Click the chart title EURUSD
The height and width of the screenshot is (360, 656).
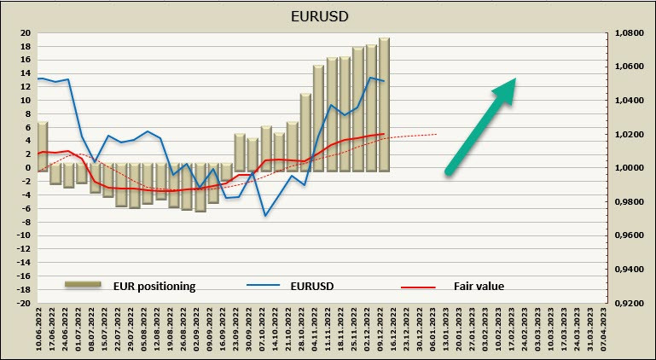(328, 15)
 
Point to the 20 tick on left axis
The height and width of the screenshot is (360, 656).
(26, 33)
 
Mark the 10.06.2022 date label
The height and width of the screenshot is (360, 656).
(41, 331)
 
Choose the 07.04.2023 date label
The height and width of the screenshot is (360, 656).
(604, 331)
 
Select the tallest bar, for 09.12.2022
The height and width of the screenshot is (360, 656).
(384, 102)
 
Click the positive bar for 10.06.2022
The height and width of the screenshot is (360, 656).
(42, 145)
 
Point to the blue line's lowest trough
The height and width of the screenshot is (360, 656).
(265, 215)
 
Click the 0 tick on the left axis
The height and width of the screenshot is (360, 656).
(28, 168)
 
